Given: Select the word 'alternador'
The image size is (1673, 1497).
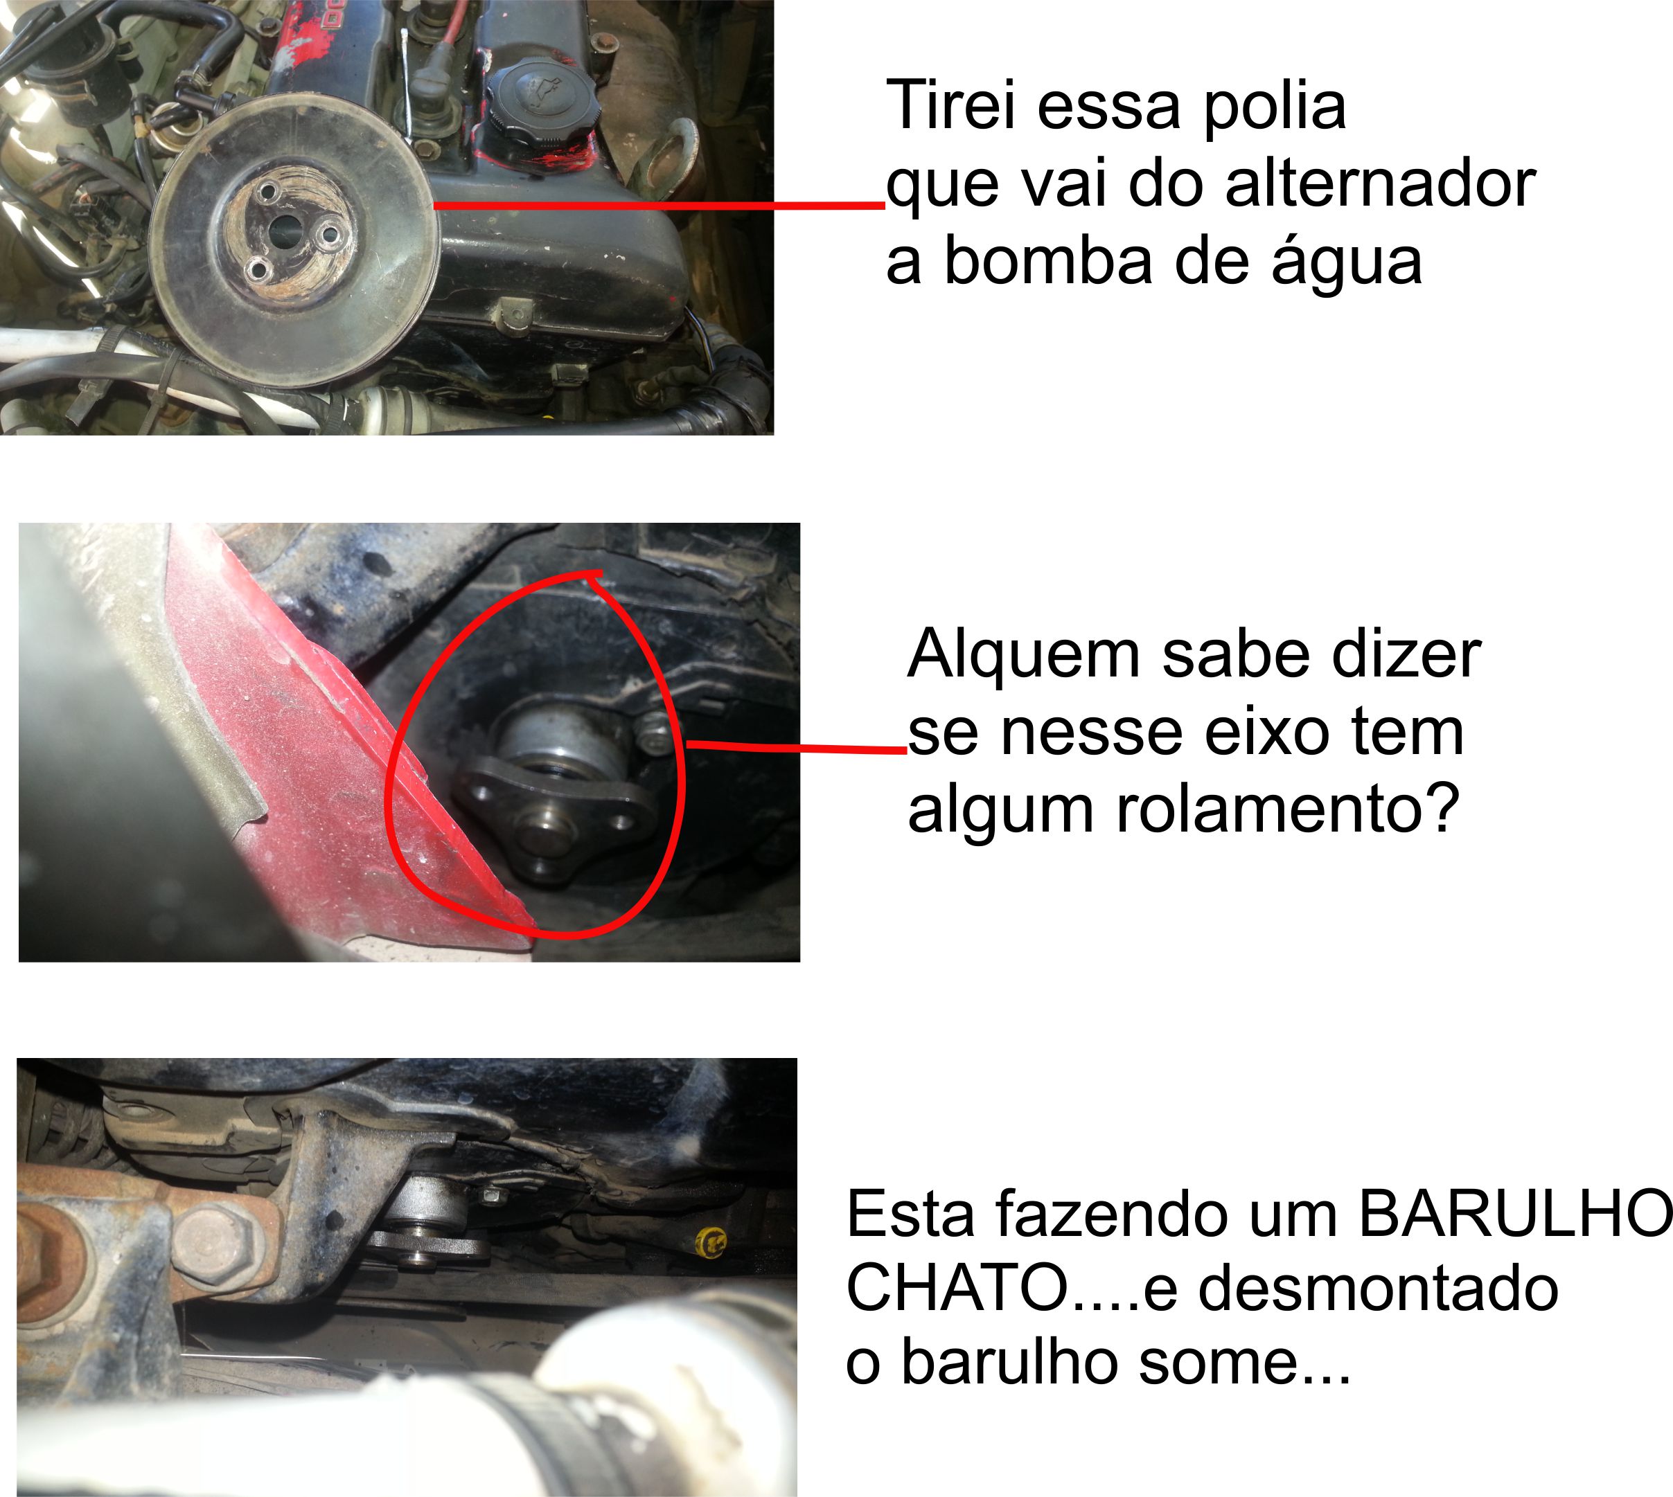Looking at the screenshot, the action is click(x=1380, y=183).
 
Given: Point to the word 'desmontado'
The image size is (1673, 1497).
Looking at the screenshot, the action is click(x=1379, y=1288).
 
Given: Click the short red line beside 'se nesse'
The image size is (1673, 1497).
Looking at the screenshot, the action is click(x=797, y=748).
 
